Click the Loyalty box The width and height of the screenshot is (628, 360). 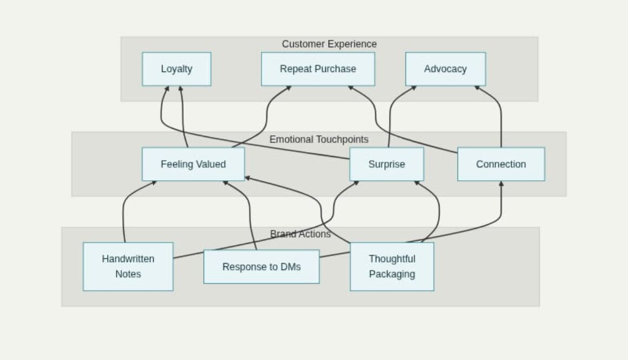coord(176,69)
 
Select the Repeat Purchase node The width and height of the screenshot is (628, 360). coord(318,69)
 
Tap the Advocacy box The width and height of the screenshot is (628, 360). coord(445,69)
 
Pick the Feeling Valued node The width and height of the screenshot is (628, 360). coord(193,164)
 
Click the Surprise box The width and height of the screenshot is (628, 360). coord(386,164)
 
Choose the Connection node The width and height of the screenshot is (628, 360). coord(501,164)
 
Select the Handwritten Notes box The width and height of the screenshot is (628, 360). coord(128,266)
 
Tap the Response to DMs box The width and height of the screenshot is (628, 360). coord(261,266)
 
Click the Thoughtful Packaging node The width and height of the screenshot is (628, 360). coord(391,266)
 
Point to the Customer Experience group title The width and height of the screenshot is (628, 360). coord(329,44)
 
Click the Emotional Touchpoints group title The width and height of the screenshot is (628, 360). coord(319,139)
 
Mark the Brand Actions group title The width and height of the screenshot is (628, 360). coord(300,234)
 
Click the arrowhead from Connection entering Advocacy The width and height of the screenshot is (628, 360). coord(477,88)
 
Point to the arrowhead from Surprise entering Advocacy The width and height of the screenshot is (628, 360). coord(414,88)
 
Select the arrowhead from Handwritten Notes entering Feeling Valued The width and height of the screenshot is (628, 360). coord(154,183)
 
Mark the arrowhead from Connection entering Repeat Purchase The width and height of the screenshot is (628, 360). coord(351,88)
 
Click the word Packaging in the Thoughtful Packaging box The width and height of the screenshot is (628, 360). coord(391,274)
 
